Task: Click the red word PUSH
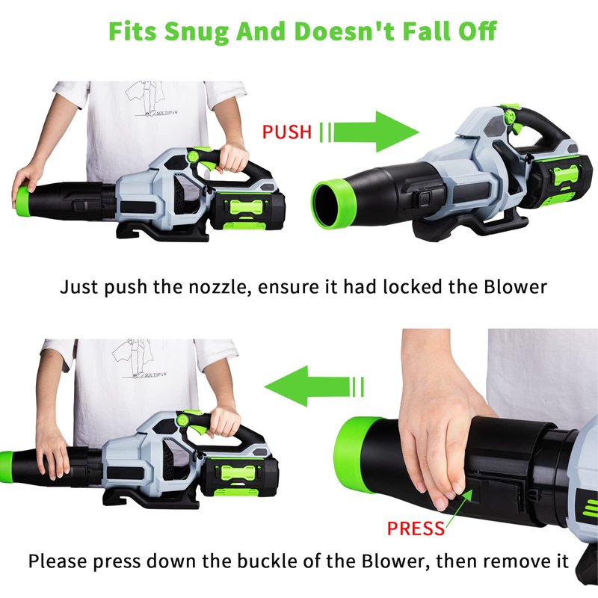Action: (x=287, y=132)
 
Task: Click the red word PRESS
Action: (x=416, y=528)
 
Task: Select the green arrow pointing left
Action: (x=313, y=386)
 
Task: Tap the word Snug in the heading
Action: (x=196, y=32)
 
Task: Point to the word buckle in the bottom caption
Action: (x=261, y=561)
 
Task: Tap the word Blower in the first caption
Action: (x=515, y=287)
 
